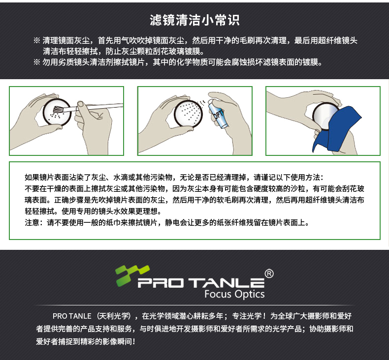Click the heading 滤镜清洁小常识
pyautogui.click(x=194, y=20)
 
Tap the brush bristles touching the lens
pyautogui.click(x=58, y=109)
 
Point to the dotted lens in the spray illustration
pyautogui.click(x=188, y=114)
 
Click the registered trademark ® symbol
pyautogui.click(x=269, y=273)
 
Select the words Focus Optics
pyautogui.click(x=234, y=294)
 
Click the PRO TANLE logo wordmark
pyautogui.click(x=201, y=283)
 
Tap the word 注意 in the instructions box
pyautogui.click(x=32, y=222)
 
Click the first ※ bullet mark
pyautogui.click(x=36, y=40)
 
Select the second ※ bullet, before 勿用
pyautogui.click(x=36, y=62)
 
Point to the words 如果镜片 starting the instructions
pyautogui.click(x=39, y=177)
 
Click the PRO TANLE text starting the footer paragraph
pyautogui.click(x=72, y=316)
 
